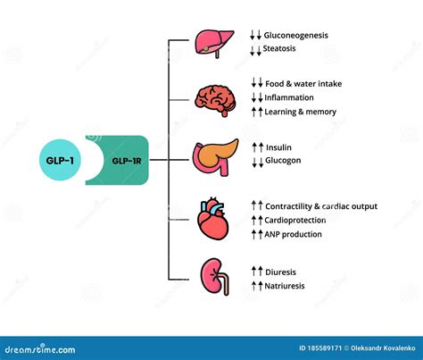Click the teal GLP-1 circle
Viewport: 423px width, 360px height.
point(60,160)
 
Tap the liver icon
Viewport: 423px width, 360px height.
point(214,44)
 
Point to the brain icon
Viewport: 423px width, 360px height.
point(216,100)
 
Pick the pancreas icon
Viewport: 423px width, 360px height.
point(215,157)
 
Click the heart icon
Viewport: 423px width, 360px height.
point(213,219)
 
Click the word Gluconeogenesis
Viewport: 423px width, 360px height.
point(296,36)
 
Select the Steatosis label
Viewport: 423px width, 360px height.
point(279,48)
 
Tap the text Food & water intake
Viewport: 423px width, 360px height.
point(303,84)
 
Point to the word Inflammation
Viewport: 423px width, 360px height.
point(289,97)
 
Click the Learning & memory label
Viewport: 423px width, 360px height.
point(301,112)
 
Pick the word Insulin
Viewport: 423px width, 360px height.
point(278,147)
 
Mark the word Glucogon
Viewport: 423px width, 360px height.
point(283,161)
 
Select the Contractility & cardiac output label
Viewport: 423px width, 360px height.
point(321,206)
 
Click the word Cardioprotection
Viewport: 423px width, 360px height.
point(295,221)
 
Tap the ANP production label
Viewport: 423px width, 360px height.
point(293,234)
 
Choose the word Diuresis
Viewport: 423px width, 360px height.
point(280,272)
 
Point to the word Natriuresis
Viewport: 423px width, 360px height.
point(285,286)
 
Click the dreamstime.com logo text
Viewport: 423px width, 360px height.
point(40,349)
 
